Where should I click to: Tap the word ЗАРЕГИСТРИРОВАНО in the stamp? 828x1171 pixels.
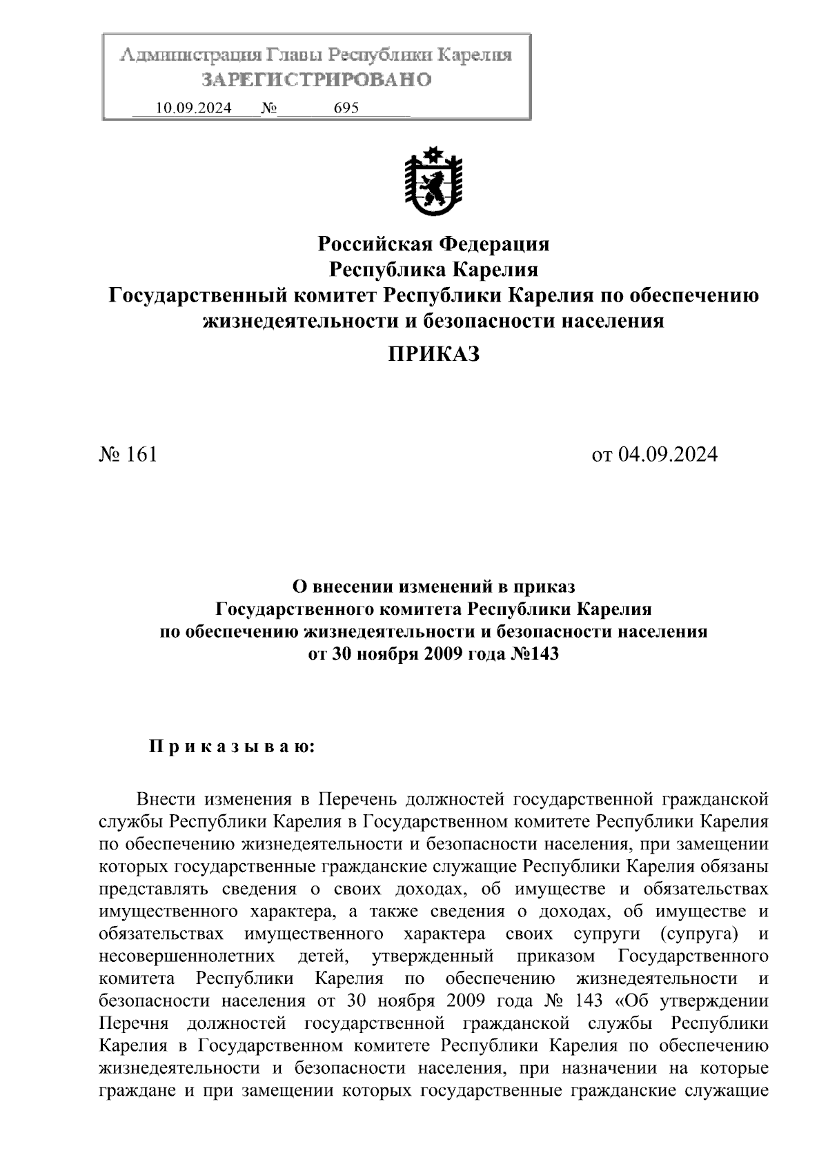point(316,80)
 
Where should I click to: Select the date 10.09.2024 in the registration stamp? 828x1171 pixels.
point(194,108)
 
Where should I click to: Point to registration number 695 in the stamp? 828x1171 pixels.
point(346,108)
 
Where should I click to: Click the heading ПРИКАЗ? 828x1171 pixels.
point(433,355)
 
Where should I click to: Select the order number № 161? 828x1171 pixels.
point(128,454)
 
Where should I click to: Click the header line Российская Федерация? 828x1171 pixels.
point(433,244)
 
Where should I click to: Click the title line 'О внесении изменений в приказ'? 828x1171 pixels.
point(433,587)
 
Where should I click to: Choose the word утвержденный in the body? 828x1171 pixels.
point(432,956)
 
